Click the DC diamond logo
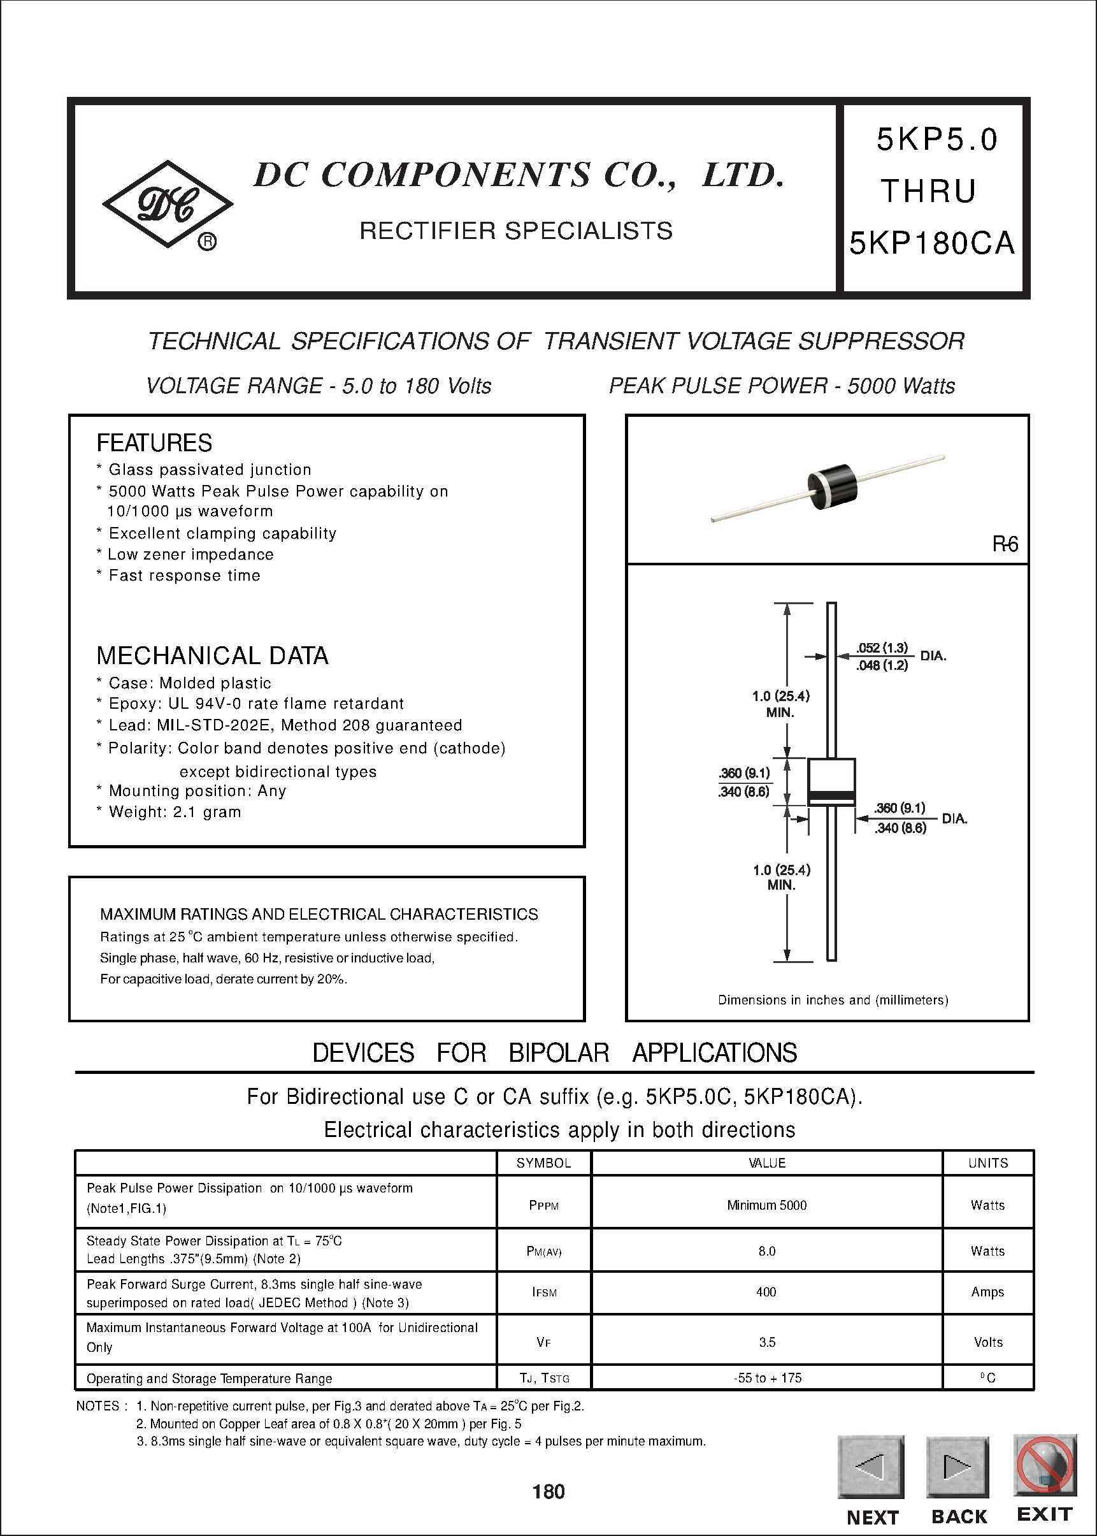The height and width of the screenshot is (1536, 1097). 168,204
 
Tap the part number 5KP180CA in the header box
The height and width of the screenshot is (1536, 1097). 931,243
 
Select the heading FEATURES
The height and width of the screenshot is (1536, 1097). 154,444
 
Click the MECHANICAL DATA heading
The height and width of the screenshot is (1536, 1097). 212,655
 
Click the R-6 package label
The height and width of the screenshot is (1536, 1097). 1005,544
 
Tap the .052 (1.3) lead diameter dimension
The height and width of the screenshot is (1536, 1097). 882,648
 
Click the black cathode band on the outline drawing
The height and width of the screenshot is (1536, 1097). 831,795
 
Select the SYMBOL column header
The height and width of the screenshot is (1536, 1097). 544,1163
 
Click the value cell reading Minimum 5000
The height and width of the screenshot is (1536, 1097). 766,1205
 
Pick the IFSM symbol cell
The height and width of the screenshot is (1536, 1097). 544,1292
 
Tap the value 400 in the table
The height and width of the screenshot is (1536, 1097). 766,1292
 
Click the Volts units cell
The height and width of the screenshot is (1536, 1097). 987,1342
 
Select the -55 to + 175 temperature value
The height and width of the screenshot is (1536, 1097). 768,1378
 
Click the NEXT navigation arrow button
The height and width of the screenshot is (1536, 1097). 871,1467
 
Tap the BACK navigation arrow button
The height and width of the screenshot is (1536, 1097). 957,1467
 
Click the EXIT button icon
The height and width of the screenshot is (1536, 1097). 1044,1465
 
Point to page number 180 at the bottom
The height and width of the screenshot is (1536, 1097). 548,1491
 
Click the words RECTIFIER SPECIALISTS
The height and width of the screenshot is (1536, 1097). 515,231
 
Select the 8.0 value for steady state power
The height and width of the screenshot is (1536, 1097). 766,1251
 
